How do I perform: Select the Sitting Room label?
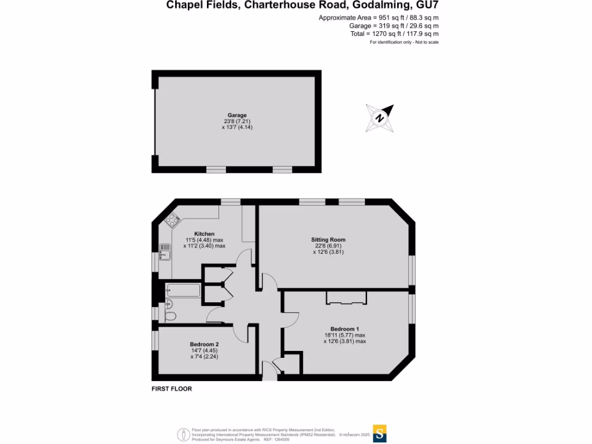(328, 239)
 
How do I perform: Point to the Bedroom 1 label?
(345, 329)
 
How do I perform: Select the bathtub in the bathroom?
(183, 290)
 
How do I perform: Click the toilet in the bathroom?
(170, 316)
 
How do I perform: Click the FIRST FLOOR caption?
(172, 389)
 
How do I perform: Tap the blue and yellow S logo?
(380, 433)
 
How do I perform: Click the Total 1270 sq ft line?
(394, 34)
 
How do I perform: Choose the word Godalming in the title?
(375, 6)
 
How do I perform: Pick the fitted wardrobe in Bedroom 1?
(346, 298)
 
